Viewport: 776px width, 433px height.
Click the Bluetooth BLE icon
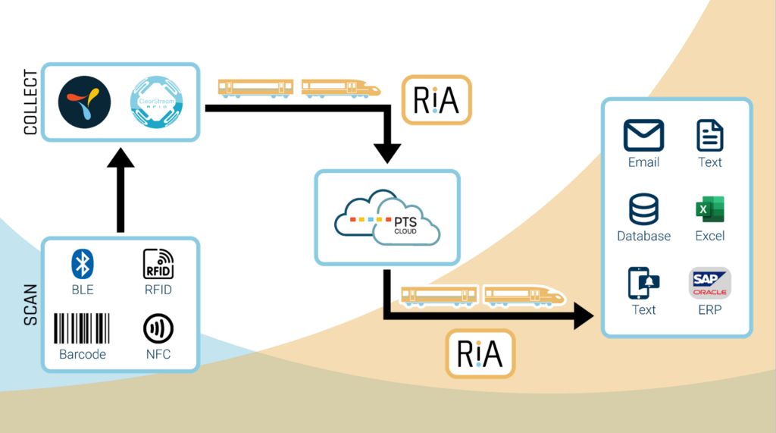coord(82,264)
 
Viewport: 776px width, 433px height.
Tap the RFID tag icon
coord(158,264)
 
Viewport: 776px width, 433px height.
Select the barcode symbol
coord(82,328)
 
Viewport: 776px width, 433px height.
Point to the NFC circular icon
coord(158,328)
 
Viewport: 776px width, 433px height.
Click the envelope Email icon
coord(643,135)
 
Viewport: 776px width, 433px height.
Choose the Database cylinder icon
coord(643,209)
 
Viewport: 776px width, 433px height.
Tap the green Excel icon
coord(709,209)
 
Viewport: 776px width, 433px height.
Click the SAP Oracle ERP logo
coord(709,284)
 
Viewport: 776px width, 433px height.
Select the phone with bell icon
coord(643,284)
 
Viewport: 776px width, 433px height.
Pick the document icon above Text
coord(709,135)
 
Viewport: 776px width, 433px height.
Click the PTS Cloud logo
coord(387,218)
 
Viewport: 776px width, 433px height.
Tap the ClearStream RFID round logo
coord(156,102)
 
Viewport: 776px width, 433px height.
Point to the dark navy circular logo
coord(85,102)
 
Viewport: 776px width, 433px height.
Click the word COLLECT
coord(30,102)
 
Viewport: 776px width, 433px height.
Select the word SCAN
coord(30,305)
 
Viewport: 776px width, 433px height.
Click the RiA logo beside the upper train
coord(436,100)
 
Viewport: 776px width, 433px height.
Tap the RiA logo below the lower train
coord(480,353)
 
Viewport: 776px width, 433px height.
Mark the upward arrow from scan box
coord(120,190)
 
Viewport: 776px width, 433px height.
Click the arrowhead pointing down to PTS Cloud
coord(387,154)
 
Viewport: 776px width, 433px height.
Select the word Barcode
coord(82,354)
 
